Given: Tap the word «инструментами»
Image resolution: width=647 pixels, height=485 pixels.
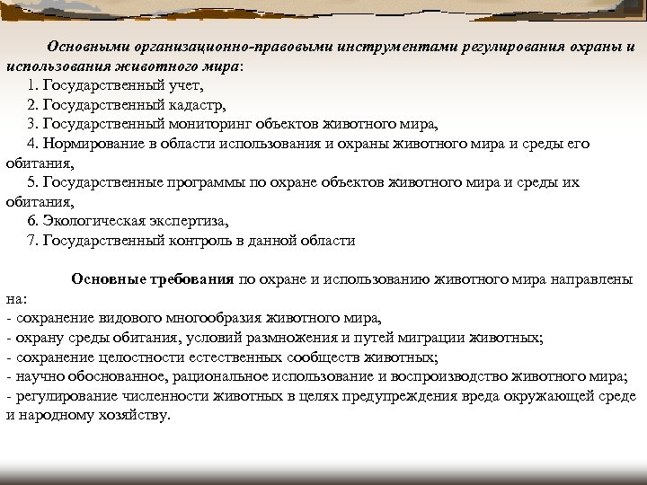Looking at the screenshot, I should [x=401, y=47].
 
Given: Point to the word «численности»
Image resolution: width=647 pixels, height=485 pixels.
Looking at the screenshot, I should [x=146, y=396].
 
